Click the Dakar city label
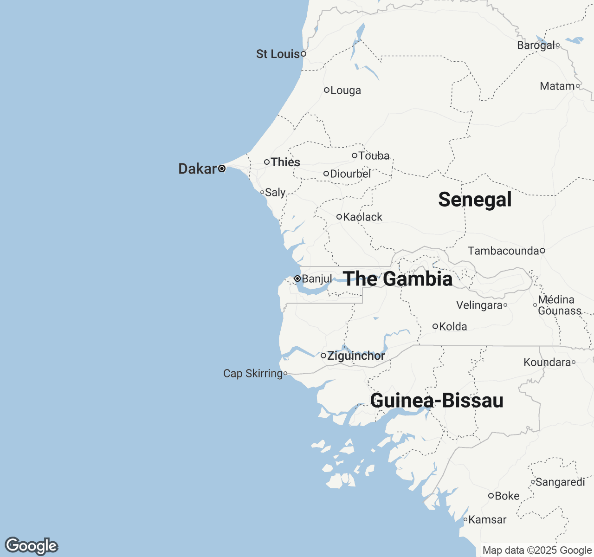tap(197, 168)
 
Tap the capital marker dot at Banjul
tap(297, 278)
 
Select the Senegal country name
tap(475, 200)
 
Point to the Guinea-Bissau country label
tap(437, 401)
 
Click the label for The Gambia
tap(398, 279)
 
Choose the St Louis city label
tap(278, 54)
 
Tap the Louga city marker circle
tap(327, 90)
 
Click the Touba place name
tap(374, 156)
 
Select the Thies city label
tap(285, 162)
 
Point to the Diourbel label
tap(350, 174)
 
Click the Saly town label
tap(275, 193)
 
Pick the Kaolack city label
tap(362, 217)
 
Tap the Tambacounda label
tap(503, 251)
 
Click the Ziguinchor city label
tap(356, 356)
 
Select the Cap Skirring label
tap(253, 374)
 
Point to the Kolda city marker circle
tap(435, 326)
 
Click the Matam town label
tap(557, 86)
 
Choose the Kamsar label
tap(487, 520)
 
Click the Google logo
tap(31, 546)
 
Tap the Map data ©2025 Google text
tap(537, 551)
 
